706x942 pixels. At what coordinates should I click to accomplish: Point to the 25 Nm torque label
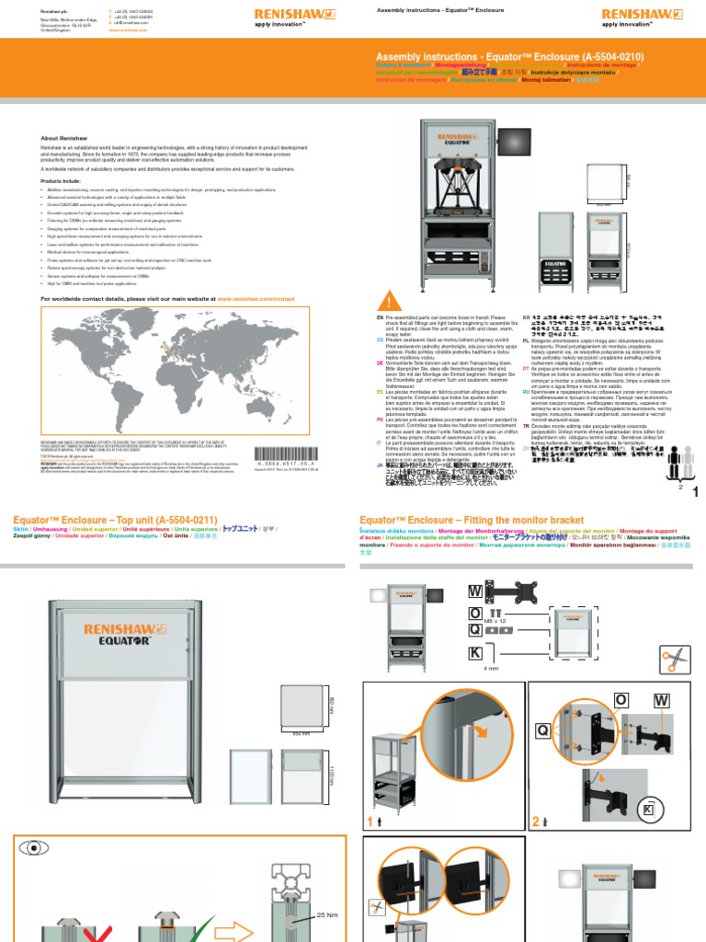coord(327,916)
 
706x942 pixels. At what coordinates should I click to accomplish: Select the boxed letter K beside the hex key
coord(475,653)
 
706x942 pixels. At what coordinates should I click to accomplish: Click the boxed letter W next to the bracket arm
coord(475,591)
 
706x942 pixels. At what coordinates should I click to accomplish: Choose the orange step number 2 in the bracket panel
coord(537,820)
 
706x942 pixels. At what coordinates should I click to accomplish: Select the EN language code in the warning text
coord(379,316)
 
